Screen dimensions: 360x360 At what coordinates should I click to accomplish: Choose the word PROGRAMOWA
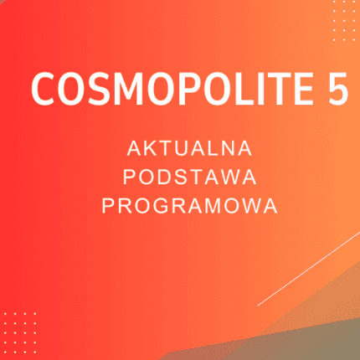[x=189, y=205]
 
